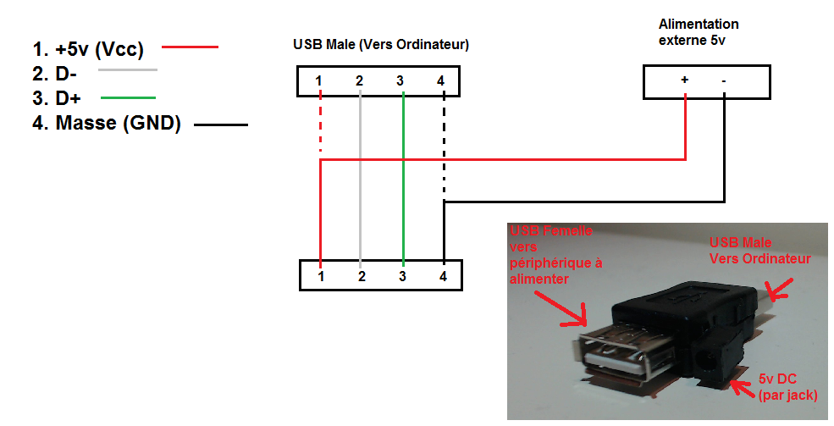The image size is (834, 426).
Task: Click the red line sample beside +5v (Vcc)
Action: coord(190,47)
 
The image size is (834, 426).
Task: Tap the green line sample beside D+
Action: coord(128,97)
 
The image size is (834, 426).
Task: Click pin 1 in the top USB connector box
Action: coord(319,80)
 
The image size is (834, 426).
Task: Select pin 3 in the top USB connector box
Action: coord(400,80)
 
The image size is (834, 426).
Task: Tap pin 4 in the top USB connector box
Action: coord(441,80)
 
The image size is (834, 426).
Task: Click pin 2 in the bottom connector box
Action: coord(361,276)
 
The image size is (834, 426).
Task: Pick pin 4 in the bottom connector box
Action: coord(444,276)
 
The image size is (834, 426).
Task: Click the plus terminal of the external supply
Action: coord(684,80)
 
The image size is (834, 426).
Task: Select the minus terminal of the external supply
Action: coord(724,80)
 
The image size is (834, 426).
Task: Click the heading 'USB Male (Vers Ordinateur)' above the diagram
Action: coord(381,44)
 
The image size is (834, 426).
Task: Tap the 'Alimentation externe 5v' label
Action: coord(699,31)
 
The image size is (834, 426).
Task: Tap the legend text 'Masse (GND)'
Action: coord(119,124)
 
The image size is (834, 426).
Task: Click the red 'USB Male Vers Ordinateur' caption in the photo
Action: coord(759,251)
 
